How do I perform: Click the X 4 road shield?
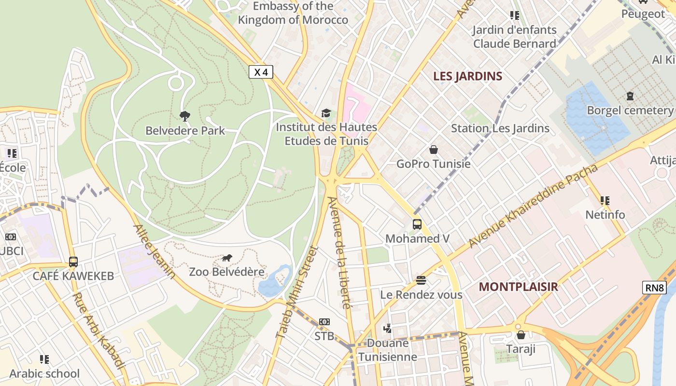point(261,72)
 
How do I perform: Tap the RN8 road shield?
point(655,288)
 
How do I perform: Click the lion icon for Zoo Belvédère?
point(227,258)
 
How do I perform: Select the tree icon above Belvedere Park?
point(184,116)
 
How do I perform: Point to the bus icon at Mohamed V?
point(417,224)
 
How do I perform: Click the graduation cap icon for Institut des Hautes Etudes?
point(326,113)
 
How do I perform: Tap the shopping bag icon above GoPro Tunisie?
point(433,150)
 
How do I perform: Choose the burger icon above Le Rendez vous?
point(421,280)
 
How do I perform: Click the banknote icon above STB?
point(324,322)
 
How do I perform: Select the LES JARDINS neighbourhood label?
point(467,76)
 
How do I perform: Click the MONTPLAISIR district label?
point(518,287)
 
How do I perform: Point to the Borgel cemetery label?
point(629,110)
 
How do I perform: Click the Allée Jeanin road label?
point(154,251)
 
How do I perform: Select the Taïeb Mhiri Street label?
point(296,292)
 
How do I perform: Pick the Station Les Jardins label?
point(500,128)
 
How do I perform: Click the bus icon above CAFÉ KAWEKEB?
point(73,262)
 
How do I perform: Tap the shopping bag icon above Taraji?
point(521,335)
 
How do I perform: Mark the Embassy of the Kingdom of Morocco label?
point(293,13)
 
